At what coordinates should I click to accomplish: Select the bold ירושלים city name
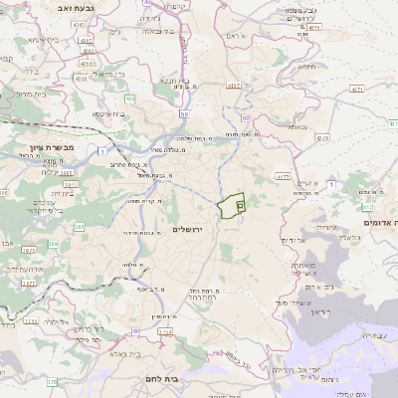187,230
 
